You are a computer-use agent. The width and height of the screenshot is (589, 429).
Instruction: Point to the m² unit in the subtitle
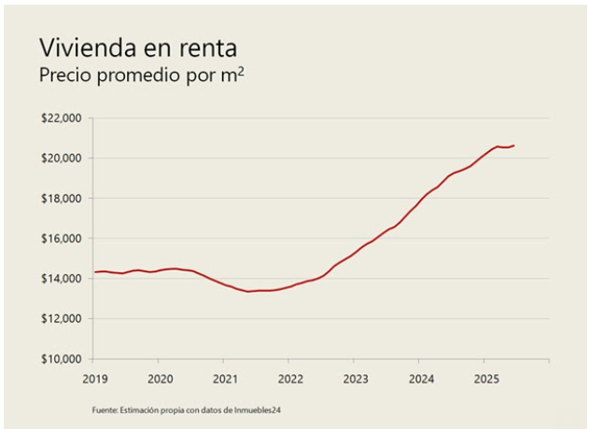pyautogui.click(x=233, y=76)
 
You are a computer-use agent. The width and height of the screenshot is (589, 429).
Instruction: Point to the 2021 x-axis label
pyautogui.click(x=224, y=379)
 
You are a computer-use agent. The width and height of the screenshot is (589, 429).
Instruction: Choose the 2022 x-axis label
pyautogui.click(x=289, y=379)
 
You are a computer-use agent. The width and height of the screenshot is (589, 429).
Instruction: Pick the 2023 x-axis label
pyautogui.click(x=355, y=379)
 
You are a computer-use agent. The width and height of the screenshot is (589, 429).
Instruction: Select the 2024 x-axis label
pyautogui.click(x=420, y=379)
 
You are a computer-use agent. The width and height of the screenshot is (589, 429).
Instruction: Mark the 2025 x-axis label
pyautogui.click(x=485, y=379)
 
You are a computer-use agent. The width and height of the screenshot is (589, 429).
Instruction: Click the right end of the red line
pyautogui.click(x=514, y=145)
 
